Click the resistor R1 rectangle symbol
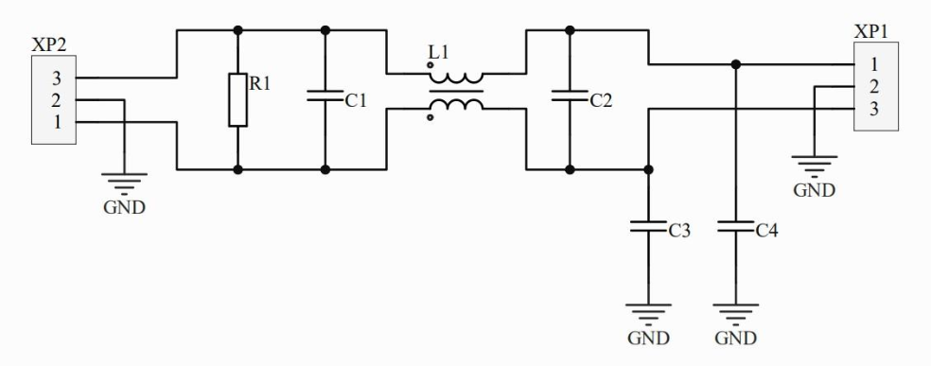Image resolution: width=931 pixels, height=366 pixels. coord(237,99)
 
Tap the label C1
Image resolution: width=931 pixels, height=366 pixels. coord(356,101)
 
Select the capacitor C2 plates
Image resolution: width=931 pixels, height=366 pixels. coord(570,96)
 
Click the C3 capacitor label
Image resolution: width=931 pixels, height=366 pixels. coord(679,231)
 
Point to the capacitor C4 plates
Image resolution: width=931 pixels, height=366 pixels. coord(736,227)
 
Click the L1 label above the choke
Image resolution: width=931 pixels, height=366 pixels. coord(438,53)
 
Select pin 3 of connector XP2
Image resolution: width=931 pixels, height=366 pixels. coord(57,78)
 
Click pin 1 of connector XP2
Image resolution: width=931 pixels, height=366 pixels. coord(57,122)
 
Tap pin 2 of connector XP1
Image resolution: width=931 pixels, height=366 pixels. coord(874,87)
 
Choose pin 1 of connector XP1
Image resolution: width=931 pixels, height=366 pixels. coord(874,64)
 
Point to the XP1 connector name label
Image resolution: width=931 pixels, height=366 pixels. coord(871,32)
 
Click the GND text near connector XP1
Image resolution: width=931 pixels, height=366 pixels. coord(814,190)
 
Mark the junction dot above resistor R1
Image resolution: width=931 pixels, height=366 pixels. coord(237,30)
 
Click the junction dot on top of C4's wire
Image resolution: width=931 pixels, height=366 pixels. coord(736,64)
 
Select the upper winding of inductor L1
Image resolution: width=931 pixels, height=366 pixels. coord(456,78)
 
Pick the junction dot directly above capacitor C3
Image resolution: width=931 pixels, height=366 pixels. coord(648,169)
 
